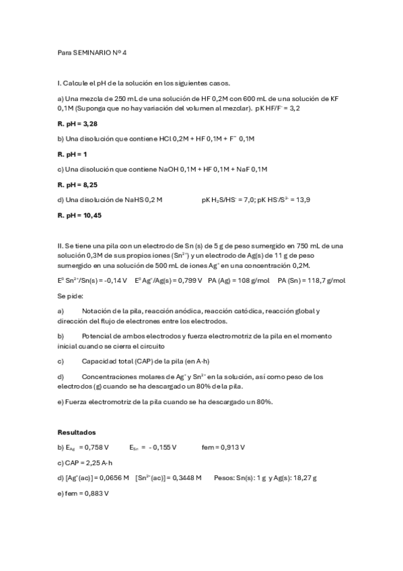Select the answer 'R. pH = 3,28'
click(x=78, y=123)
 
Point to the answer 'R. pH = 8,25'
click(x=78, y=184)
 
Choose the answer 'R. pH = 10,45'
click(x=80, y=215)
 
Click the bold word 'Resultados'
click(x=77, y=432)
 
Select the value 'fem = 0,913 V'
click(x=223, y=446)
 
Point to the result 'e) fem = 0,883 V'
click(x=83, y=493)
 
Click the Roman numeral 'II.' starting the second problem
click(x=61, y=246)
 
